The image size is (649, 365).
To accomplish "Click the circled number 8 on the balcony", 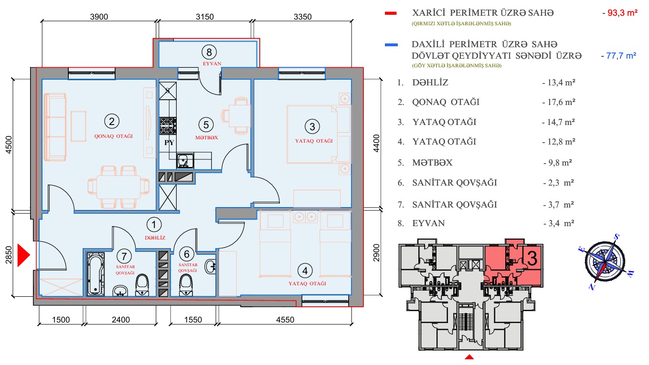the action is (209, 52).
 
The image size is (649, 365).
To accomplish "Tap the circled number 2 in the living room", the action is (112, 121).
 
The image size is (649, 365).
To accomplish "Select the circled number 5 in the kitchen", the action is (206, 125).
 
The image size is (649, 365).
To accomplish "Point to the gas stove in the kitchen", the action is (168, 126).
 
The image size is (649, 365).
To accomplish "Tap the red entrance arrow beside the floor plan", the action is (23, 255).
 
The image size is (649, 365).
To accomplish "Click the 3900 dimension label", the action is (99, 17).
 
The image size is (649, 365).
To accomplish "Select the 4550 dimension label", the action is (285, 320).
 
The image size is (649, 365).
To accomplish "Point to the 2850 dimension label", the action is (9, 255).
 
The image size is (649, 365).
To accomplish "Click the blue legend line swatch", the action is (391, 45).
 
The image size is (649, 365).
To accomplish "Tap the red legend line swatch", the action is (391, 13).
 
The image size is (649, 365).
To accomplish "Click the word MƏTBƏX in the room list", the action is (432, 163).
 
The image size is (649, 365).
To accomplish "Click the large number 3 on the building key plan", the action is (532, 258).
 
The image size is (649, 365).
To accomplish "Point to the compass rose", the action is (605, 261).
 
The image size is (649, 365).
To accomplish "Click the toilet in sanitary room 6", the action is (186, 285).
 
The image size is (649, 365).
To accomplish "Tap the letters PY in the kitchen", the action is (169, 142).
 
